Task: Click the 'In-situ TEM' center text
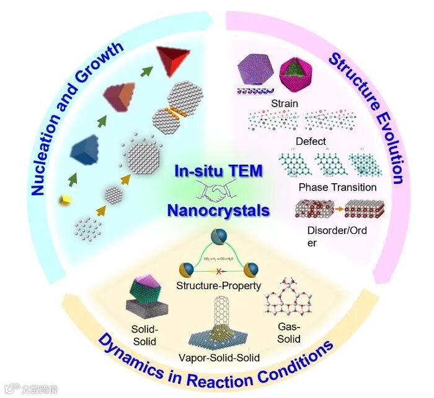point(218,171)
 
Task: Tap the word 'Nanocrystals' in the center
point(218,210)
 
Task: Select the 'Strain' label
point(285,103)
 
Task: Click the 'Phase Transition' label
point(337,187)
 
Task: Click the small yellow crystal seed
point(64,199)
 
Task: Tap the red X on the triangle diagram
point(218,271)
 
